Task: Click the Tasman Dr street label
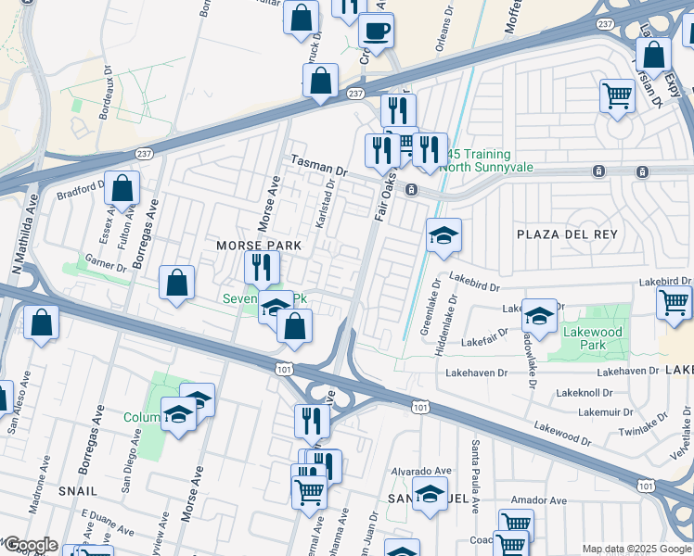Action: pos(317,166)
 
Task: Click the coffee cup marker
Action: pos(377,31)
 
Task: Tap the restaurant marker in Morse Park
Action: pos(263,268)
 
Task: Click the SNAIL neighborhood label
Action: pos(77,489)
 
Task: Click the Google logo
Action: pos(30,545)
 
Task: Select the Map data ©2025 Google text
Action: pos(636,549)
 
